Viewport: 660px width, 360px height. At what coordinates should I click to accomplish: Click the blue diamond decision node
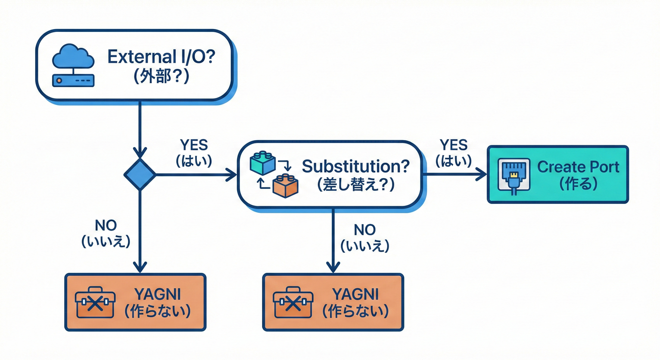pos(140,175)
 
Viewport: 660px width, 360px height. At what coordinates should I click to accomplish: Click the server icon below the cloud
pos(73,80)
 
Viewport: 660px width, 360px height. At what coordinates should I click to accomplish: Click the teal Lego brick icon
pos(263,162)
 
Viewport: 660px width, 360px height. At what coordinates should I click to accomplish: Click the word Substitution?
pos(356,166)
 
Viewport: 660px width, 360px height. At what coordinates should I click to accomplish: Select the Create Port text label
pos(578,167)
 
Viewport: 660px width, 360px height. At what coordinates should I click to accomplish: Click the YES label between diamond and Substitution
pos(194,144)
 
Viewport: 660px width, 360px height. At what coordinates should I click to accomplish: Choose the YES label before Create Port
pos(454,144)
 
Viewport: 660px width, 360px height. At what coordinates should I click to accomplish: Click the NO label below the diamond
pos(105,225)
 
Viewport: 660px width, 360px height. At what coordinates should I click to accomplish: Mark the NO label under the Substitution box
pos(365,229)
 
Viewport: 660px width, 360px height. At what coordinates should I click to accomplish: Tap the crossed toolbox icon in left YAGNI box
pos(95,302)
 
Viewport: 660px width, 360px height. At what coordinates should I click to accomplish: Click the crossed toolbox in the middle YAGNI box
pos(292,303)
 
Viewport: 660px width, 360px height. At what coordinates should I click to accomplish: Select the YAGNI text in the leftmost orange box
pos(157,294)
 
